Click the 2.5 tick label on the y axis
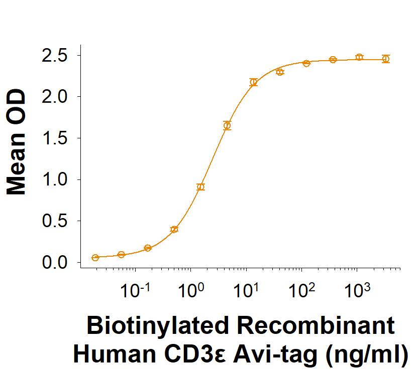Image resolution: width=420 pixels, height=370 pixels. click(x=54, y=56)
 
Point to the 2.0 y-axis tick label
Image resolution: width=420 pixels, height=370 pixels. click(x=54, y=97)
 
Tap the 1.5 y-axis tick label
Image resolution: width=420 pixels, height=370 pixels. click(x=54, y=138)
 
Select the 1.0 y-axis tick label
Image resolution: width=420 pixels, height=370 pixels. click(x=54, y=179)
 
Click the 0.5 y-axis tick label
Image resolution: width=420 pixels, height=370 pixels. click(x=54, y=221)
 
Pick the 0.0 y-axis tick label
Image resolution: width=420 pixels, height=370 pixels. click(x=54, y=263)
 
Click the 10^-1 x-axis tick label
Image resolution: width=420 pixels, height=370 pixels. click(x=135, y=290)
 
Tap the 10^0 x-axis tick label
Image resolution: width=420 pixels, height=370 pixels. click(x=191, y=290)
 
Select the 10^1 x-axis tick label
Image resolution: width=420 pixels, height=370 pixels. click(x=246, y=290)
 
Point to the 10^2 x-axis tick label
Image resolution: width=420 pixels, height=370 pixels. click(x=301, y=290)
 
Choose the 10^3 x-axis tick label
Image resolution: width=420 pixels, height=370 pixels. click(x=357, y=290)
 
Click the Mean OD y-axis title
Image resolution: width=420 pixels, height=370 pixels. click(x=17, y=142)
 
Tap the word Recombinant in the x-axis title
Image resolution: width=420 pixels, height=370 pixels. click(x=316, y=325)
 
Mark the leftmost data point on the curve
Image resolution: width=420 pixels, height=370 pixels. click(x=95, y=258)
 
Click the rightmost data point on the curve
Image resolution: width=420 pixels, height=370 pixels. click(x=386, y=59)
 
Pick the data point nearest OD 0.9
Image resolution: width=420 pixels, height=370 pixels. click(x=200, y=187)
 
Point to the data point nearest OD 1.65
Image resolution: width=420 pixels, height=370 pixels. click(x=227, y=125)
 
